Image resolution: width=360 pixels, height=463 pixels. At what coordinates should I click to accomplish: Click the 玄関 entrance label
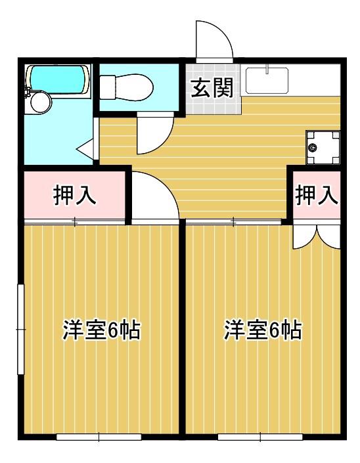(212, 88)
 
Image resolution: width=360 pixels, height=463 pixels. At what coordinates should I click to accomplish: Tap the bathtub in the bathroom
(58, 79)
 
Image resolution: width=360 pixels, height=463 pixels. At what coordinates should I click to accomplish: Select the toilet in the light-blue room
(126, 87)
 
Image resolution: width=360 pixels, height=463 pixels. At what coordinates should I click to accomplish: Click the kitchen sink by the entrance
(267, 81)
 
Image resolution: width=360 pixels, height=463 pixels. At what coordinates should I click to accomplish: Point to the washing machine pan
(323, 147)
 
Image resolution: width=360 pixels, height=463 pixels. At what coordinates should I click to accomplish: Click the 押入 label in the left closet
(75, 195)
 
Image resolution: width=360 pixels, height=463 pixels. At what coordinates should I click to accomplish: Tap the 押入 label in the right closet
(316, 195)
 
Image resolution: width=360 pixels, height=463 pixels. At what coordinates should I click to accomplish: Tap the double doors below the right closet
(316, 236)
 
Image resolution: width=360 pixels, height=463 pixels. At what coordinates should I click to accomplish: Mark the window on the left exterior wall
(20, 329)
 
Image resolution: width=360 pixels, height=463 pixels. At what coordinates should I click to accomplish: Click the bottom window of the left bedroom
(99, 437)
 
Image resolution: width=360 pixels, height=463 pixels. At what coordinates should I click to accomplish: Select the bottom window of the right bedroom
(260, 437)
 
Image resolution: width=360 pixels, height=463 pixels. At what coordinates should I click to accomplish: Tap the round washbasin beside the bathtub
(40, 102)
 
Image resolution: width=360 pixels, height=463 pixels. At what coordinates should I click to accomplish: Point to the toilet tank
(108, 87)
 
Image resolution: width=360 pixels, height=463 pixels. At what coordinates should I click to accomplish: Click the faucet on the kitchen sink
(267, 69)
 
